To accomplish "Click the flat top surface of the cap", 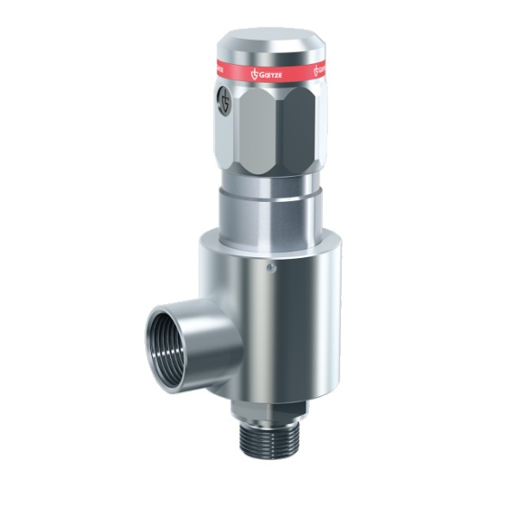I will (x=268, y=39).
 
